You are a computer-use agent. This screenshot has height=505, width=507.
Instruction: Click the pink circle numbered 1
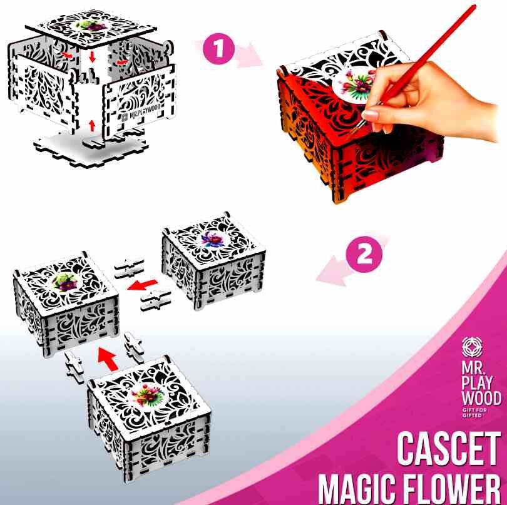[x=219, y=49]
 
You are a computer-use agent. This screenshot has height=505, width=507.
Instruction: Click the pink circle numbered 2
[x=364, y=255]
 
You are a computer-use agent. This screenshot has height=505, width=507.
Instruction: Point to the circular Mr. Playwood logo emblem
[x=472, y=347]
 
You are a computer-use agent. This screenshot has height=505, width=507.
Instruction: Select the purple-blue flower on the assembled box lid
[x=212, y=240]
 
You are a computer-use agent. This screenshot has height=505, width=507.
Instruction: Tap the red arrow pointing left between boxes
[x=142, y=285]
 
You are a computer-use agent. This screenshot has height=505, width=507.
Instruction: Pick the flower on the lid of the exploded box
[x=90, y=24]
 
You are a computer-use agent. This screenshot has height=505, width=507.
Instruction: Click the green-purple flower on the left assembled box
[x=64, y=281]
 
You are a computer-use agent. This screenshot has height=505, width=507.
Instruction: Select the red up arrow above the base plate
[x=93, y=126]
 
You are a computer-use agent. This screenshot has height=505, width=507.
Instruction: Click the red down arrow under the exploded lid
[x=93, y=57]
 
